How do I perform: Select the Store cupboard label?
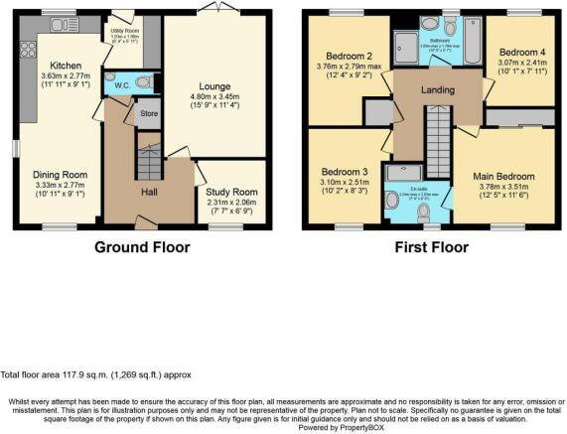pyautogui.click(x=147, y=112)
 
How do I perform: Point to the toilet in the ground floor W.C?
pyautogui.click(x=144, y=82)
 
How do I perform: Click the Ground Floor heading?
pyautogui.click(x=142, y=246)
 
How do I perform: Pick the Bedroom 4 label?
pyautogui.click(x=521, y=51)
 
